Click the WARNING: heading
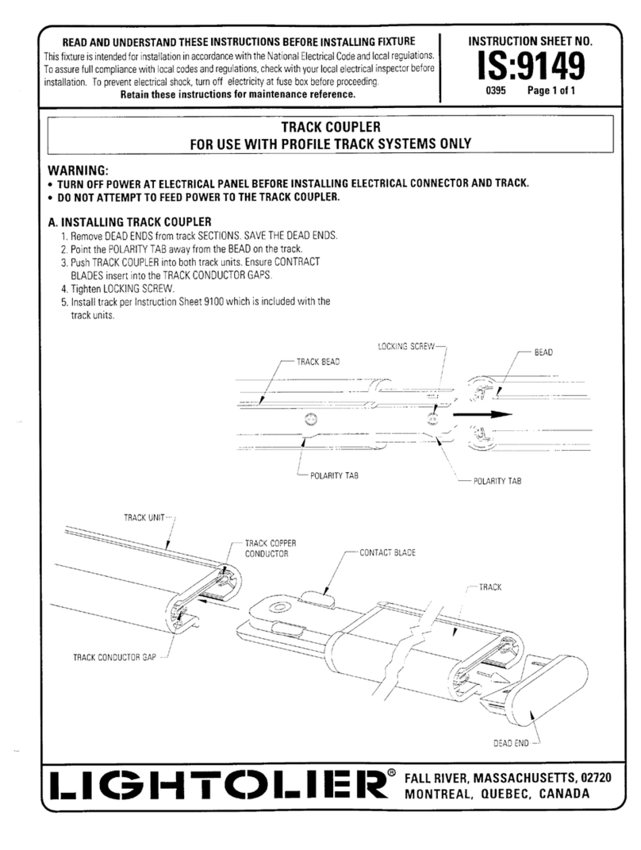coord(79,171)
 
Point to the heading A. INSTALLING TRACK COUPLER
coord(129,221)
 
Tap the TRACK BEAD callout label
coord(318,361)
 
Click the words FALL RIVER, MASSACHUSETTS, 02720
coord(508,776)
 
